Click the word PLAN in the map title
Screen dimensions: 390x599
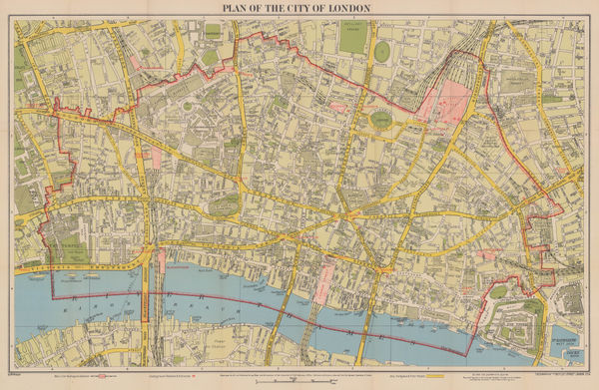[x=217, y=9]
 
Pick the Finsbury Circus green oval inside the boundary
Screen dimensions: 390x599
[x=382, y=121]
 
